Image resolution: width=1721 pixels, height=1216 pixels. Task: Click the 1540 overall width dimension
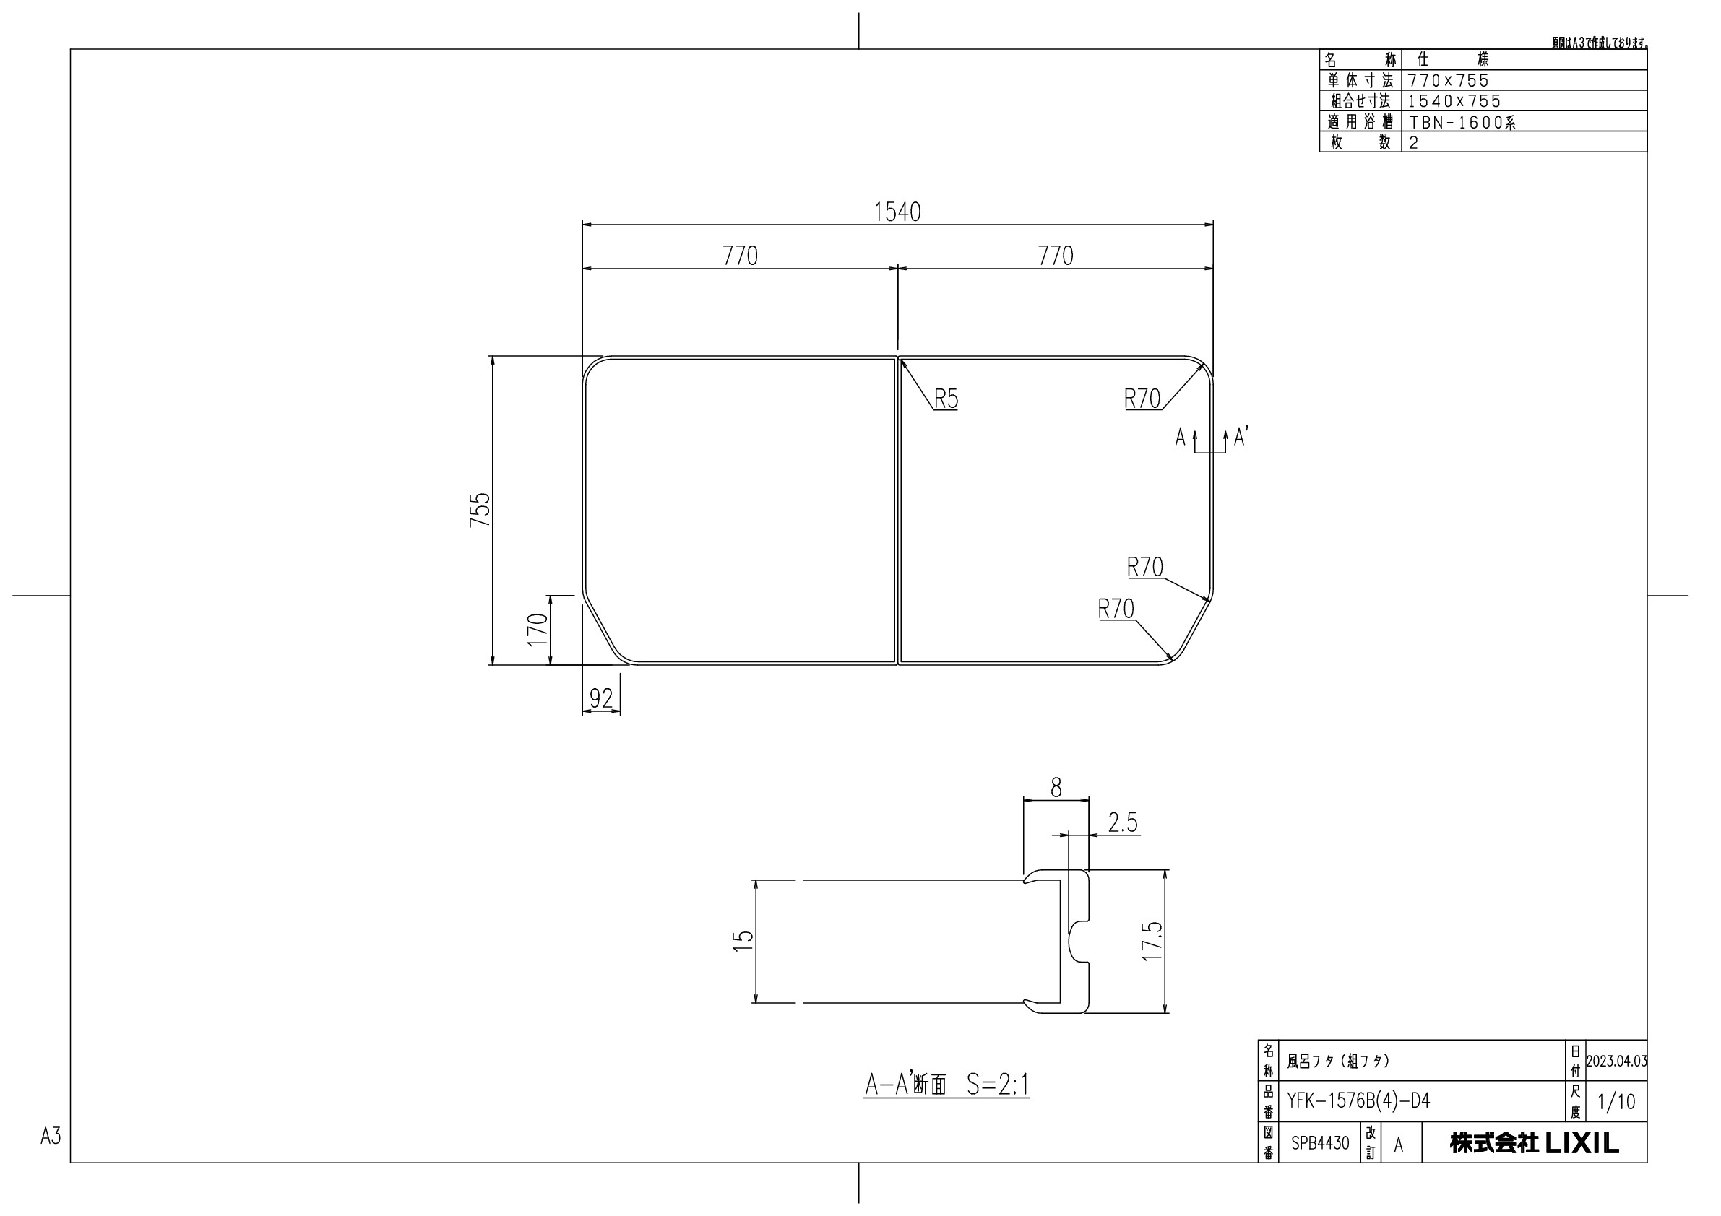pyautogui.click(x=897, y=213)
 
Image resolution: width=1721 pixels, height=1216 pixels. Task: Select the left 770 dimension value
pyautogui.click(x=740, y=256)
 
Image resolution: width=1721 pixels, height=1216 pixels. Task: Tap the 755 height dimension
pyautogui.click(x=480, y=510)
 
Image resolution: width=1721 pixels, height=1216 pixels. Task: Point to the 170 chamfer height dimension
pyautogui.click(x=538, y=630)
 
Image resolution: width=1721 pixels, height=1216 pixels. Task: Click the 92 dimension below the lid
pyautogui.click(x=601, y=698)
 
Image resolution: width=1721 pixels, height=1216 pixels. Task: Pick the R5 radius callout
pyautogui.click(x=946, y=399)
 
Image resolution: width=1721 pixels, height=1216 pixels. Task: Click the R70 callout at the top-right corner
pyautogui.click(x=1142, y=399)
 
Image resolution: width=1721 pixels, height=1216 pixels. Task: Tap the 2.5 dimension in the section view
pyautogui.click(x=1123, y=823)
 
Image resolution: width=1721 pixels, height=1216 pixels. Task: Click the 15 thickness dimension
pyautogui.click(x=742, y=941)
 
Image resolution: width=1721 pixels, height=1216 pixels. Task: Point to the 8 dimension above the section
pyautogui.click(x=1056, y=788)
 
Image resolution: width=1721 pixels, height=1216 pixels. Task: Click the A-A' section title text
pyautogui.click(x=946, y=1084)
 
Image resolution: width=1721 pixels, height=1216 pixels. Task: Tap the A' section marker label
pyautogui.click(x=1240, y=438)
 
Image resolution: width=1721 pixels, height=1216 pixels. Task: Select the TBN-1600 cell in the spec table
pyautogui.click(x=1462, y=122)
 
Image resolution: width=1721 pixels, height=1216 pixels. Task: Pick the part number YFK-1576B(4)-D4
pyautogui.click(x=1358, y=1100)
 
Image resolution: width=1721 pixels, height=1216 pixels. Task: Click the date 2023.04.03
pyautogui.click(x=1616, y=1061)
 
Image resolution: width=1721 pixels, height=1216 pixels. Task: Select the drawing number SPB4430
pyautogui.click(x=1320, y=1143)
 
